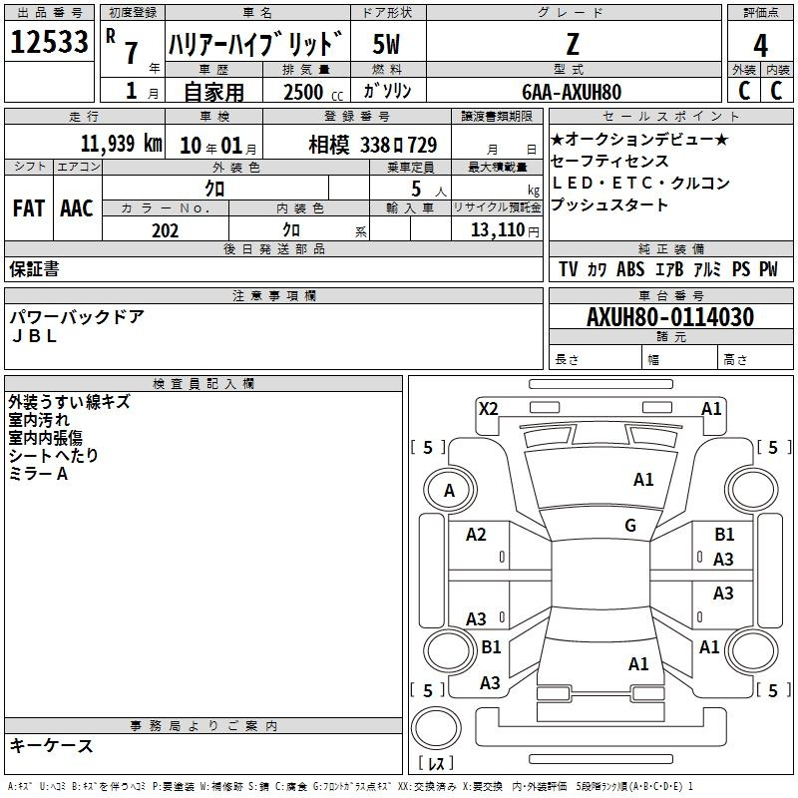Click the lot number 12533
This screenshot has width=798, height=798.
click(x=49, y=42)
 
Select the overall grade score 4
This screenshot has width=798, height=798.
click(x=760, y=45)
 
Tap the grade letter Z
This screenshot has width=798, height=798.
click(x=573, y=44)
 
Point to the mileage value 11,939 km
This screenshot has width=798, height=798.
click(x=122, y=144)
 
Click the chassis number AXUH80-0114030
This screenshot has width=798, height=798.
click(x=670, y=317)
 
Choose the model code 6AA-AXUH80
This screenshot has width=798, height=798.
click(x=572, y=92)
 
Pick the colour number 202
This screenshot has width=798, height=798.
click(x=165, y=230)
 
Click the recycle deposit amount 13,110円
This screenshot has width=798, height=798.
click(x=505, y=230)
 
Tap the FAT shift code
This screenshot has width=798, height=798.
click(x=29, y=208)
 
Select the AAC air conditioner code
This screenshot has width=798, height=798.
click(x=77, y=208)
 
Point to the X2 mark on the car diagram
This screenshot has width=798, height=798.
click(x=488, y=409)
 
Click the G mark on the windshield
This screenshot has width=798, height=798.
click(x=630, y=526)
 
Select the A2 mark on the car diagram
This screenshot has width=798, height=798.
click(x=476, y=535)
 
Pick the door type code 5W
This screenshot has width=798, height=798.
click(x=386, y=44)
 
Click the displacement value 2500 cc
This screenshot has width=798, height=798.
click(x=313, y=92)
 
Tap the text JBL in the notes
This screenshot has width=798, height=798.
click(x=34, y=336)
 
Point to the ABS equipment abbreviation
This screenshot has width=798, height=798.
click(x=630, y=269)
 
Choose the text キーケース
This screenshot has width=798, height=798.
click(x=52, y=746)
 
